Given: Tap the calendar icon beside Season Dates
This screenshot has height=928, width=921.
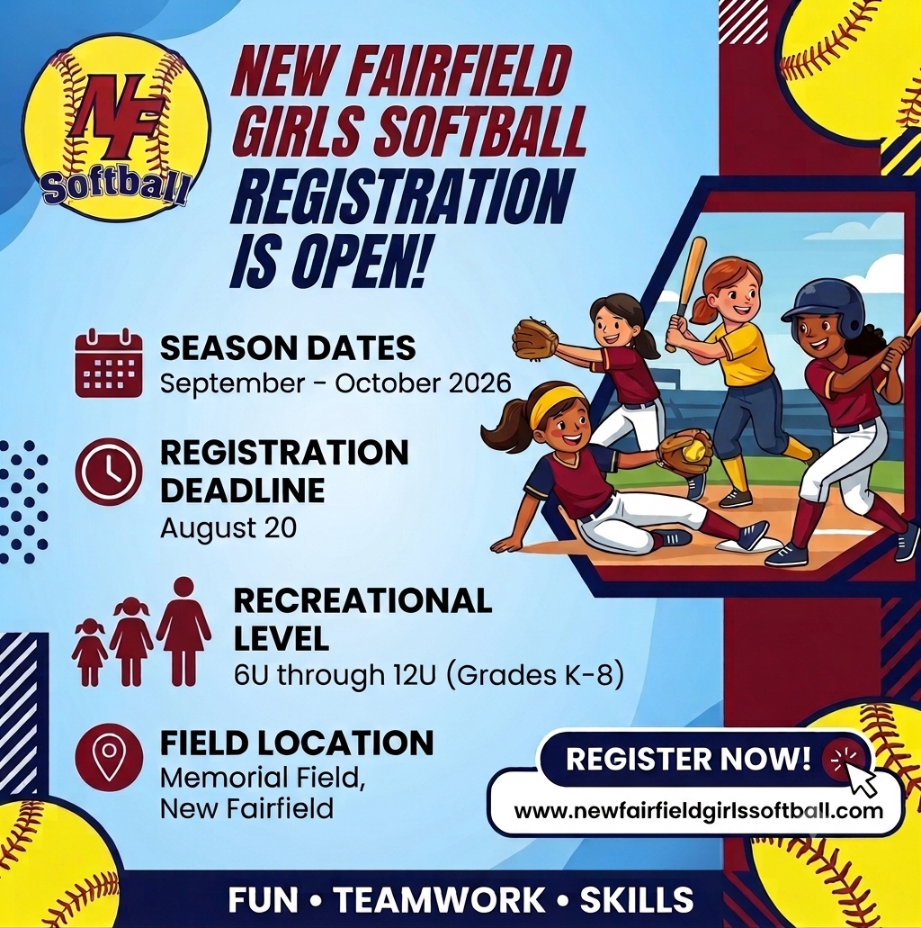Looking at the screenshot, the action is tap(109, 363).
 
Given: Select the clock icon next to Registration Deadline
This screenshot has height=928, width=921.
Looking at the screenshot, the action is tap(109, 472).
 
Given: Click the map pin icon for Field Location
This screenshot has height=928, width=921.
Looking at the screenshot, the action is tap(109, 757).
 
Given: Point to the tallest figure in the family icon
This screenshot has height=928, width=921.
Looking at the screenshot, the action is tap(184, 631).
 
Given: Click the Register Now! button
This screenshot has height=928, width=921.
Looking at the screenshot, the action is tap(704, 758).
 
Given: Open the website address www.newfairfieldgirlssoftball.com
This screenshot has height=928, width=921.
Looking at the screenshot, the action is tap(698, 809).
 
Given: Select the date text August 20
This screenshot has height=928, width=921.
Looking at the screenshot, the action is tap(228, 528).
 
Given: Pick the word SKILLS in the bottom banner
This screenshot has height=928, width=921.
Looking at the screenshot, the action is tap(637, 899).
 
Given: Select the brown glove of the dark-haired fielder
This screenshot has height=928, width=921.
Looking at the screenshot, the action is tap(534, 338).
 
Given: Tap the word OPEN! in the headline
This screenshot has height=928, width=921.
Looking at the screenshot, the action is tap(359, 260).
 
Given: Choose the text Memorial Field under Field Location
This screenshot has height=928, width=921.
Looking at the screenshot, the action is tap(263, 778).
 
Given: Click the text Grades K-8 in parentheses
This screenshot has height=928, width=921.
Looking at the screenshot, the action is tap(532, 675).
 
